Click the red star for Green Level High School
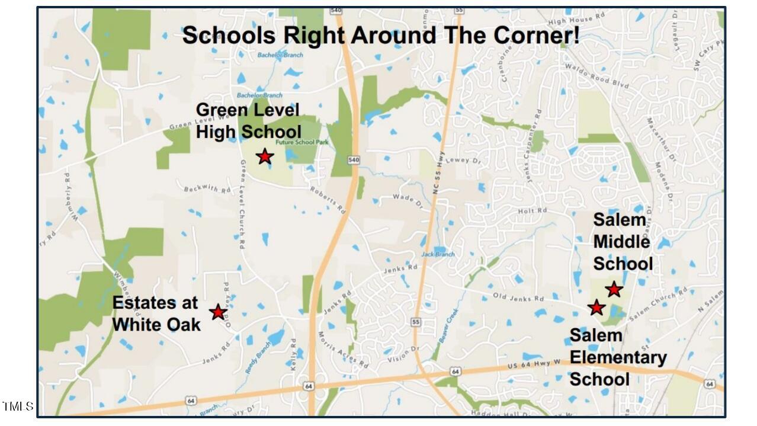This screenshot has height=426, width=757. (x=265, y=156)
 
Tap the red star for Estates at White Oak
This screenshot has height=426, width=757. (x=219, y=312)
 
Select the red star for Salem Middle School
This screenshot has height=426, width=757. (x=614, y=289)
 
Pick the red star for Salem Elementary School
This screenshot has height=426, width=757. (x=596, y=308)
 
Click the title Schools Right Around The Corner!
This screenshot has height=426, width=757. (x=381, y=36)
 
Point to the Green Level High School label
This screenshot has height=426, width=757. (x=248, y=120)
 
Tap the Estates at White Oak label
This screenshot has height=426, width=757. (x=156, y=313)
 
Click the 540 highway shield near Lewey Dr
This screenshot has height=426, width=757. (x=354, y=160)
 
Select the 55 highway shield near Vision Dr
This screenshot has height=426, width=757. (x=416, y=322)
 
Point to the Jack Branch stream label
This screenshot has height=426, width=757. (x=438, y=254)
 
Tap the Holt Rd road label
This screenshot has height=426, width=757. (x=533, y=211)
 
